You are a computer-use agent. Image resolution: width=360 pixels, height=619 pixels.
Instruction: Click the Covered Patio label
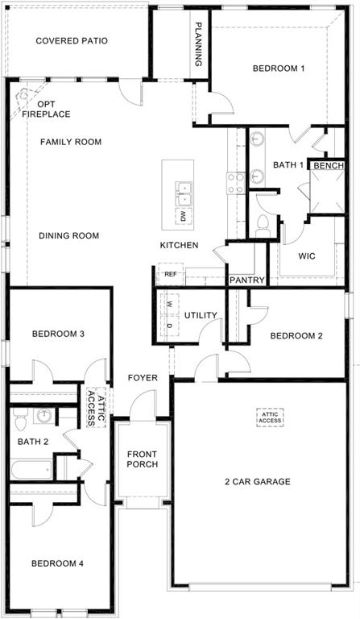point(72,40)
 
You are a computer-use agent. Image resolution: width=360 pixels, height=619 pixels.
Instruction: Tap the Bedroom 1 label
point(279,69)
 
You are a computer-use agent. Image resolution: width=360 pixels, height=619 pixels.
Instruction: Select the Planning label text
point(198,44)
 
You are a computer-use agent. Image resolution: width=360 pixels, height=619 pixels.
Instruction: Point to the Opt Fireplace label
point(46,109)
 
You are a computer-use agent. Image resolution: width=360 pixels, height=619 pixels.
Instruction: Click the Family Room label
point(71,142)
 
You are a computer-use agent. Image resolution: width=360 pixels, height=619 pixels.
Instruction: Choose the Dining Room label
point(68,236)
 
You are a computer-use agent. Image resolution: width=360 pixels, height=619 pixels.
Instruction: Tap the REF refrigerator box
point(169,274)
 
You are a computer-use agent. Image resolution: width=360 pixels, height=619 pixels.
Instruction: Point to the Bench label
point(329,165)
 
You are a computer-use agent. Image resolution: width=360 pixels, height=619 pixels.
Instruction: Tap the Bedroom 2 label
point(296,335)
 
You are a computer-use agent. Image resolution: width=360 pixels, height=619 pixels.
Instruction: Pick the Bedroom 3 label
point(58,334)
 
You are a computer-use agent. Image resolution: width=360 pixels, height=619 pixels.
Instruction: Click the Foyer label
point(143,378)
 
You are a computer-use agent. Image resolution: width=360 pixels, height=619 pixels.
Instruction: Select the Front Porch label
point(142,459)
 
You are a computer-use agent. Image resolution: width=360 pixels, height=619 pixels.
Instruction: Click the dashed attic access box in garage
point(271,417)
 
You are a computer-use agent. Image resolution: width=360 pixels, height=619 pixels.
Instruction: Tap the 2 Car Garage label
point(257,482)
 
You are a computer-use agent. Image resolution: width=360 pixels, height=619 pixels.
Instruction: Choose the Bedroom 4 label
point(57,563)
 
